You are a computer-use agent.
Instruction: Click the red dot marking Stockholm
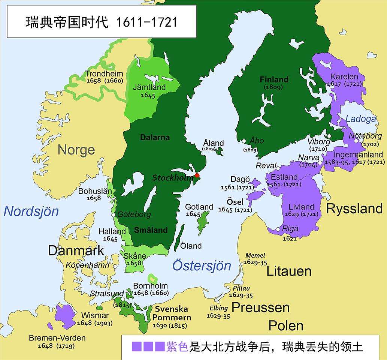pyautogui.click(x=197, y=175)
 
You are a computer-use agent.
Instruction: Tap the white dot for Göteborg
pyautogui.click(x=114, y=215)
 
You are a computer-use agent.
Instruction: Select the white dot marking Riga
pyautogui.click(x=277, y=229)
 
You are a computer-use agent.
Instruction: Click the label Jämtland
pyautogui.click(x=149, y=87)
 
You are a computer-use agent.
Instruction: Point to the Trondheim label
pyautogui.click(x=104, y=73)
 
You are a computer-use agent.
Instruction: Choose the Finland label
pyautogui.click(x=274, y=79)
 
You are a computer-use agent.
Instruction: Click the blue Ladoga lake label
pyautogui.click(x=361, y=119)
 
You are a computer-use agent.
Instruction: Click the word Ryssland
pyautogui.click(x=354, y=209)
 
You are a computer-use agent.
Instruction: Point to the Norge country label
pyautogui.click(x=76, y=150)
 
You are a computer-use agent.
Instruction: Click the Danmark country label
pyautogui.click(x=76, y=250)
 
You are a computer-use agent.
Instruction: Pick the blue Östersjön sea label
pyautogui.click(x=202, y=265)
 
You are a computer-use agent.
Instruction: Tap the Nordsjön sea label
pyautogui.click(x=31, y=211)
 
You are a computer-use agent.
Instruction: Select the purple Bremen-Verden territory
pyautogui.click(x=65, y=316)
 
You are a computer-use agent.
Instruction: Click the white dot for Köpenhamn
pyautogui.click(x=116, y=266)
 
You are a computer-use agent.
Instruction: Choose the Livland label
pyautogui.click(x=301, y=207)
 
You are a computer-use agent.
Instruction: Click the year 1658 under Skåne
pyautogui.click(x=134, y=263)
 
